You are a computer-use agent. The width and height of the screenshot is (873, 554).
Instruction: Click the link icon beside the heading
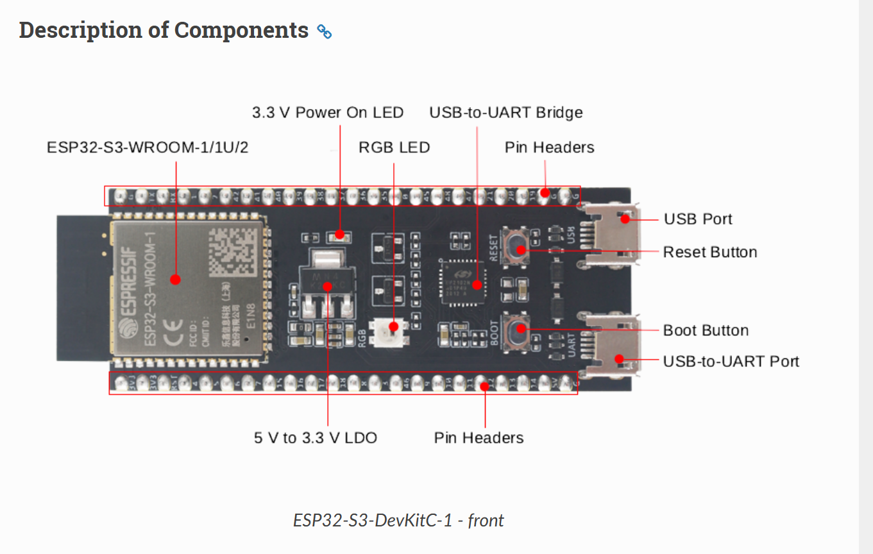pyautogui.click(x=325, y=31)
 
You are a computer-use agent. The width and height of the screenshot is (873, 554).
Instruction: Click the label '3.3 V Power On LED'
pyautogui.click(x=328, y=113)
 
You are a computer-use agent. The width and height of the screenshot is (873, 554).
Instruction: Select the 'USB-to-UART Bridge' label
pyautogui.click(x=506, y=113)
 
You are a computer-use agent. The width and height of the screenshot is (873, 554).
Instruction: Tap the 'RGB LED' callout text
pyautogui.click(x=394, y=147)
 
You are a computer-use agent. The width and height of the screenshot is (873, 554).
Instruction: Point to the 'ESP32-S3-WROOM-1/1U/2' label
pyautogui.click(x=148, y=147)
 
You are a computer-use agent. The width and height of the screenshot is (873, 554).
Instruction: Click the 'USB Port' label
pyautogui.click(x=698, y=219)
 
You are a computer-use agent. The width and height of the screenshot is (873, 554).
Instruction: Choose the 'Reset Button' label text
pyautogui.click(x=710, y=252)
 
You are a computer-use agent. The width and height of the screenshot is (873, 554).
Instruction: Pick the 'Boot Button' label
pyautogui.click(x=706, y=330)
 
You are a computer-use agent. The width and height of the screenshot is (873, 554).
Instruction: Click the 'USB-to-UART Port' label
pyautogui.click(x=731, y=361)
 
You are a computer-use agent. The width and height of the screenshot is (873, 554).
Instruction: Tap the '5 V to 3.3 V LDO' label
pyautogui.click(x=316, y=438)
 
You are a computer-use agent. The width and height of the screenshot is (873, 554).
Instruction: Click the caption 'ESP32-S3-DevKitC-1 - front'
pyautogui.click(x=398, y=520)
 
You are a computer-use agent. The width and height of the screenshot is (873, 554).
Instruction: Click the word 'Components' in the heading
pyautogui.click(x=241, y=30)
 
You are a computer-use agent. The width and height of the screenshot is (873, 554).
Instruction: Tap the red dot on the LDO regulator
pyautogui.click(x=328, y=287)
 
